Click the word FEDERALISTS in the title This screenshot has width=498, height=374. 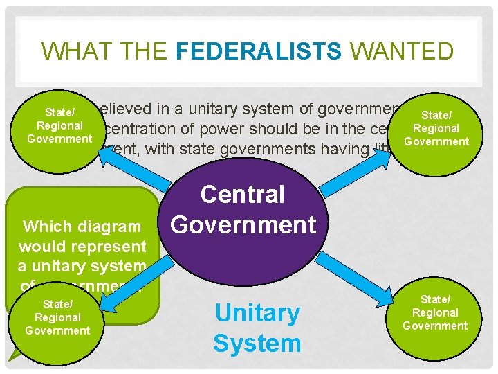259,51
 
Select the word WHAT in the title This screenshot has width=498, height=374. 70,51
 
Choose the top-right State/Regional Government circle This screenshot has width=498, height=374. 436,128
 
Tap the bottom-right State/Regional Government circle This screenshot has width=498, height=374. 435,312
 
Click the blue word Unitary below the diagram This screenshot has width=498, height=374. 257,314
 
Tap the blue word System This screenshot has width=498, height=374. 257,343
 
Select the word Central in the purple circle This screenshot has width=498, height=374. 243,195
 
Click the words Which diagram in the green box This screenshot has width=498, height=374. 82,226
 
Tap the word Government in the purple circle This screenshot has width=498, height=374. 243,224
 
